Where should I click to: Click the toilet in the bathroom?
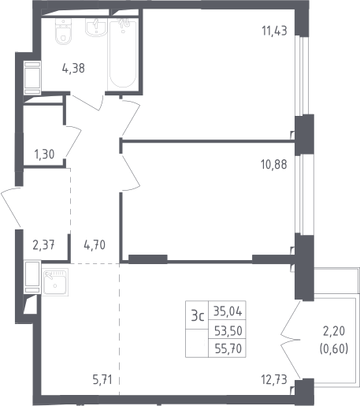[63, 32]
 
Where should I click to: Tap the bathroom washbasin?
[96, 28]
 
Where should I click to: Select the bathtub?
[123, 54]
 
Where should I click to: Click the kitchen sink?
[55, 282]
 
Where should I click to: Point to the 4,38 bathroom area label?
[73, 69]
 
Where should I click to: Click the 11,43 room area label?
[274, 31]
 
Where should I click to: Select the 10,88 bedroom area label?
[274, 165]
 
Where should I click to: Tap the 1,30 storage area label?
[44, 154]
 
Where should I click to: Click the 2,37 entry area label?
[43, 245]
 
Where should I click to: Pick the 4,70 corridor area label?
[95, 244]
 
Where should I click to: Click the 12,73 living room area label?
[274, 379]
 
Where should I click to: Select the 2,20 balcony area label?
[334, 331]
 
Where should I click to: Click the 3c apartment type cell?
[197, 315]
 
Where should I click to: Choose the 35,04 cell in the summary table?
[228, 311]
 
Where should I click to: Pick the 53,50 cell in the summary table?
[228, 330]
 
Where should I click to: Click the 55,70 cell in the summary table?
[228, 348]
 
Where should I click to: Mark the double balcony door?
[290, 340]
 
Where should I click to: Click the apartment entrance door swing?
[11, 207]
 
